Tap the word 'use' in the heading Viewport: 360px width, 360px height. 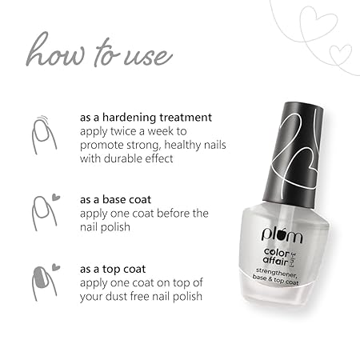(x=148, y=57)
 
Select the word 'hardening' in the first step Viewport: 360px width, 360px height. (x=130, y=118)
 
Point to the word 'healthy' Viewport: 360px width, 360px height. (x=182, y=146)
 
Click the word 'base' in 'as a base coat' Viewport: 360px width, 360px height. (x=114, y=200)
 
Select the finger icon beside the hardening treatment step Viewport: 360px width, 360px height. (x=43, y=135)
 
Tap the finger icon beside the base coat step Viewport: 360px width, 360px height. (x=43, y=214)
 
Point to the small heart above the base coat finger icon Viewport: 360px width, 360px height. (x=56, y=197)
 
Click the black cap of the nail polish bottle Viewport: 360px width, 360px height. (x=293, y=154)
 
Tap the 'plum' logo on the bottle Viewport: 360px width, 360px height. (x=282, y=234)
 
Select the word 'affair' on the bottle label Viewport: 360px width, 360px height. (x=275, y=261)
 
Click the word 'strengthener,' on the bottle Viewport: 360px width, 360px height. (x=276, y=273)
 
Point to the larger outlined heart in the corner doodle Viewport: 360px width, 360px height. (x=318, y=25)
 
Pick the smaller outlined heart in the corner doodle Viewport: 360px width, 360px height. (x=341, y=54)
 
